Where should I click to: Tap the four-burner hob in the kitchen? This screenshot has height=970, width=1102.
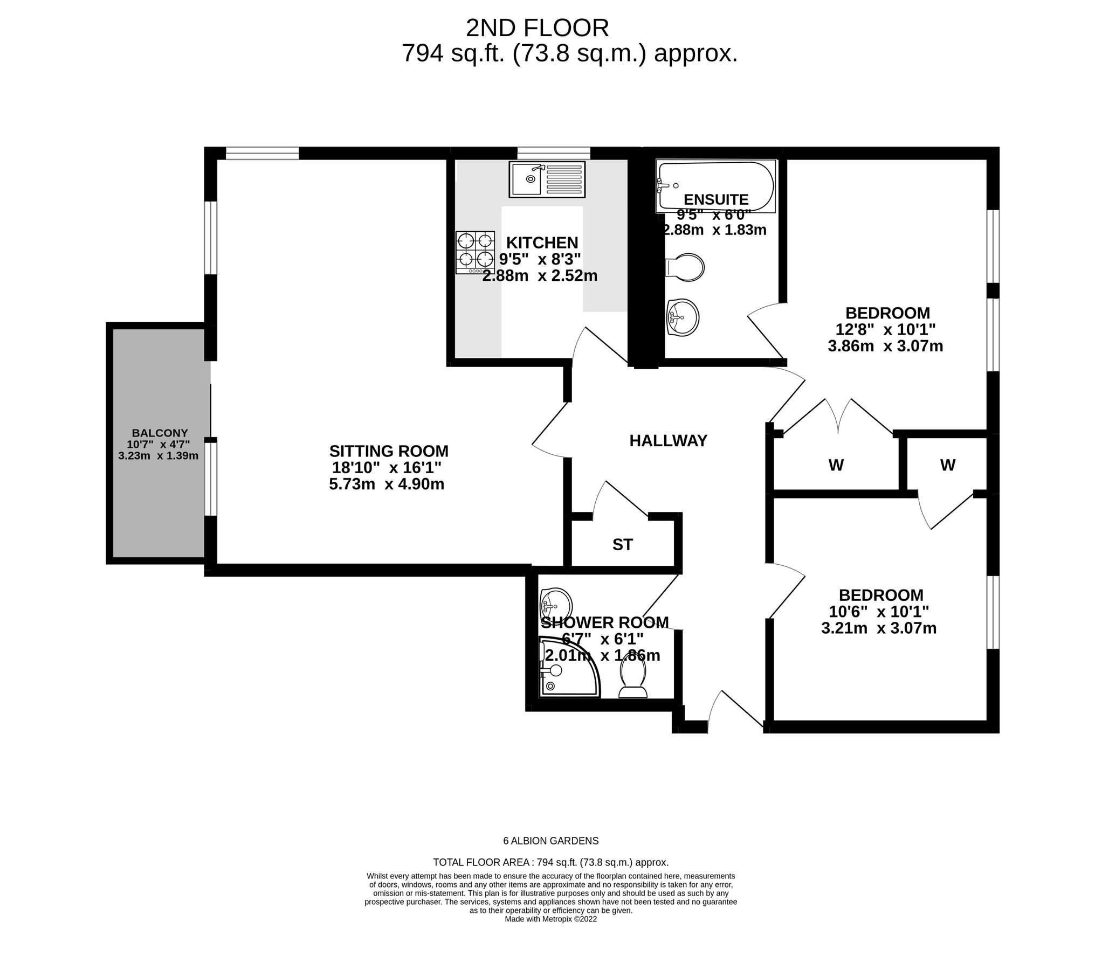[x=475, y=252]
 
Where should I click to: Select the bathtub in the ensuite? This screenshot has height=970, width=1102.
[x=715, y=186]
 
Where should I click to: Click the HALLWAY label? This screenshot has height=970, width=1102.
[x=668, y=441]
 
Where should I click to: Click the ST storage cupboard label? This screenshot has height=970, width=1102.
[x=622, y=545]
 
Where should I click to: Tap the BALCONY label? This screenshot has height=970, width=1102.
[x=160, y=433]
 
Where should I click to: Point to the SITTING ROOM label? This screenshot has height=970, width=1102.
[x=389, y=451]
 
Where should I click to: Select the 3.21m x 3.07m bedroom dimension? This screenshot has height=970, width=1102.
[x=879, y=628]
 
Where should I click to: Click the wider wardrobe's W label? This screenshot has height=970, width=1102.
[x=836, y=465]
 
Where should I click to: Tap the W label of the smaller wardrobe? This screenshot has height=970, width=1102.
[x=948, y=465]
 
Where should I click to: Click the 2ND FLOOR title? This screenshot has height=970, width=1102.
[x=537, y=28]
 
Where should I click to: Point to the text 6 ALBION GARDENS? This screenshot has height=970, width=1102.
[x=550, y=841]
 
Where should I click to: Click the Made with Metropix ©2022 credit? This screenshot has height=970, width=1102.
[x=550, y=919]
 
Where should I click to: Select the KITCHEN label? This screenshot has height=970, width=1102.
[x=542, y=242]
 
